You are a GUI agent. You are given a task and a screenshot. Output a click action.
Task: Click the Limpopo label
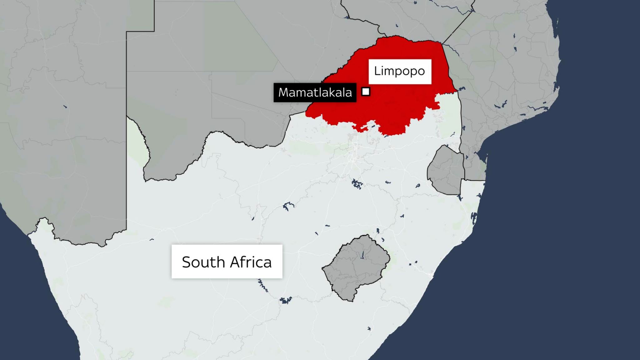400,71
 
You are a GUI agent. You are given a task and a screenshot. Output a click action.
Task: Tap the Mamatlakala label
315,92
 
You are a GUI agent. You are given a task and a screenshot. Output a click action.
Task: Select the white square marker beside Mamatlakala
366,92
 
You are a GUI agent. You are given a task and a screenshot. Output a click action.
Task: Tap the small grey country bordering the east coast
445,170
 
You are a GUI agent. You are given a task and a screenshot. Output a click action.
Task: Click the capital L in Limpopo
377,71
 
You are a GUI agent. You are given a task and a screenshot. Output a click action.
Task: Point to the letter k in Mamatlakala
332,92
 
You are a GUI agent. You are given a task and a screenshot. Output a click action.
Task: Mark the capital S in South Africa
187,262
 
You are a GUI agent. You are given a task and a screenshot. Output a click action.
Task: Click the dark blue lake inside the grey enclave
362,255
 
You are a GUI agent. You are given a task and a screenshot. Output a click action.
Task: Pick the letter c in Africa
257,263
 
